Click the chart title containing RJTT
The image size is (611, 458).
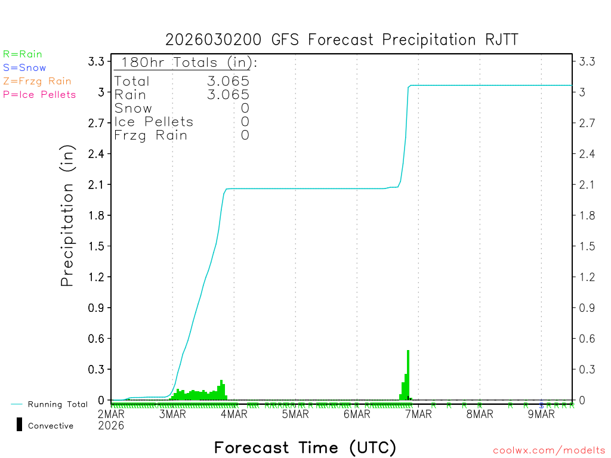pyautogui.click(x=342, y=40)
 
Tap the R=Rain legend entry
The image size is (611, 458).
pyautogui.click(x=23, y=54)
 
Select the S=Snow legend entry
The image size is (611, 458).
pyautogui.click(x=24, y=68)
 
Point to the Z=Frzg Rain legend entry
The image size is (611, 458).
pyautogui.click(x=37, y=81)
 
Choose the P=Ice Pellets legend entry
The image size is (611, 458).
pyautogui.click(x=39, y=94)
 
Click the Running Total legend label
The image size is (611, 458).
pyautogui.click(x=57, y=404)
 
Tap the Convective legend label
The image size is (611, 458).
pyautogui.click(x=51, y=426)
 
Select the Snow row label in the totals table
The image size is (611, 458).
pyautogui.click(x=133, y=108)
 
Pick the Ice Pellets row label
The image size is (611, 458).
pyautogui.click(x=154, y=122)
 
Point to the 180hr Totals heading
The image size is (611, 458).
pyautogui.click(x=186, y=63)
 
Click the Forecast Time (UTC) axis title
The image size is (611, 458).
pyautogui.click(x=305, y=447)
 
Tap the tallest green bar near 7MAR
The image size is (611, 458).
pyautogui.click(x=408, y=375)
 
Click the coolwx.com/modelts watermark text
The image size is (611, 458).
pyautogui.click(x=549, y=451)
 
